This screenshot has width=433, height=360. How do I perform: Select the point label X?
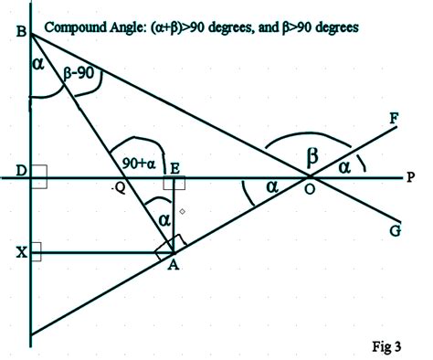tap(20, 252)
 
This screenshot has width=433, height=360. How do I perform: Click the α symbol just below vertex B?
tap(37, 65)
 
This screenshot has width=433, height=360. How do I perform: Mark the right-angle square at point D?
tap(38, 177)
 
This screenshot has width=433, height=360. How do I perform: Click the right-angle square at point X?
tap(35, 251)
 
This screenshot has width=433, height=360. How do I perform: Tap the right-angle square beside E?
tap(175, 183)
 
